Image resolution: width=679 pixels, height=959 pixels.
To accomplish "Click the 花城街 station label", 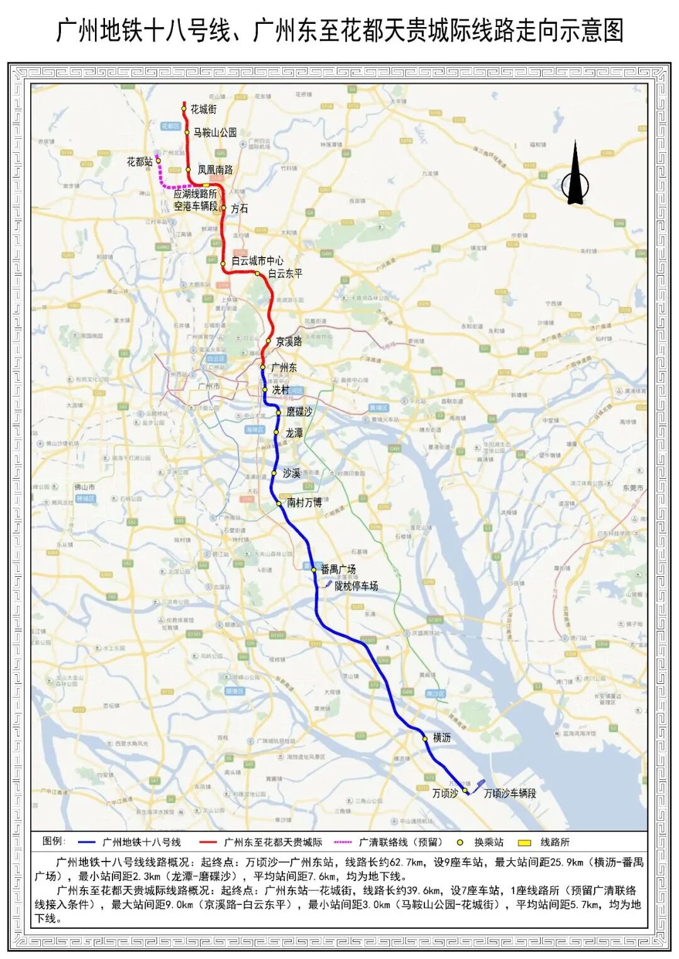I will tap(204, 109).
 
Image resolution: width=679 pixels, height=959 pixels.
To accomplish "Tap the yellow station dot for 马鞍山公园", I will tap(187, 132).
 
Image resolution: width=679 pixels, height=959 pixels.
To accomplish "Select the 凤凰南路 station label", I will tap(215, 170).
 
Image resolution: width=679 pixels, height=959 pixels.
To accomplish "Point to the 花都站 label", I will tap(140, 162).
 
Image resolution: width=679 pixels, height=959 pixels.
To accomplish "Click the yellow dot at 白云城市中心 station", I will tap(223, 264).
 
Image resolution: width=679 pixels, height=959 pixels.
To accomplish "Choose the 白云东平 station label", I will tap(285, 273).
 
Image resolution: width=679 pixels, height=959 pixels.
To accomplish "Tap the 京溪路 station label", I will tap(289, 341).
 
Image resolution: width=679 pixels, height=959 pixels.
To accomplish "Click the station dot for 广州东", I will tap(263, 367).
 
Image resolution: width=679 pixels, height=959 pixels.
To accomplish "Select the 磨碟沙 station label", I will tap(299, 412).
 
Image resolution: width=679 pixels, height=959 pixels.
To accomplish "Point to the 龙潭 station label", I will tap(294, 433).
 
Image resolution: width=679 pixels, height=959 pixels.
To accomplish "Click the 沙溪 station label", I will tap(291, 473).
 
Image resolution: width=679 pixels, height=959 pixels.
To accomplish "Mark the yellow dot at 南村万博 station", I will tap(279, 503).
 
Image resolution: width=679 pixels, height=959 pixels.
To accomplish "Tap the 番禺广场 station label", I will tap(338, 569).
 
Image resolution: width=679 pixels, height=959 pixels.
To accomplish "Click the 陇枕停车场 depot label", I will tap(356, 586).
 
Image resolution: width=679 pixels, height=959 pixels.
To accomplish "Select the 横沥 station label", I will tap(442, 738).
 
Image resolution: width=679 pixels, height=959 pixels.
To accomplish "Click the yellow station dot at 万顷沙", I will tap(465, 791).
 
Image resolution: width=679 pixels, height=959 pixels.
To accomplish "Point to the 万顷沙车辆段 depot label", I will tap(510, 793).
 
